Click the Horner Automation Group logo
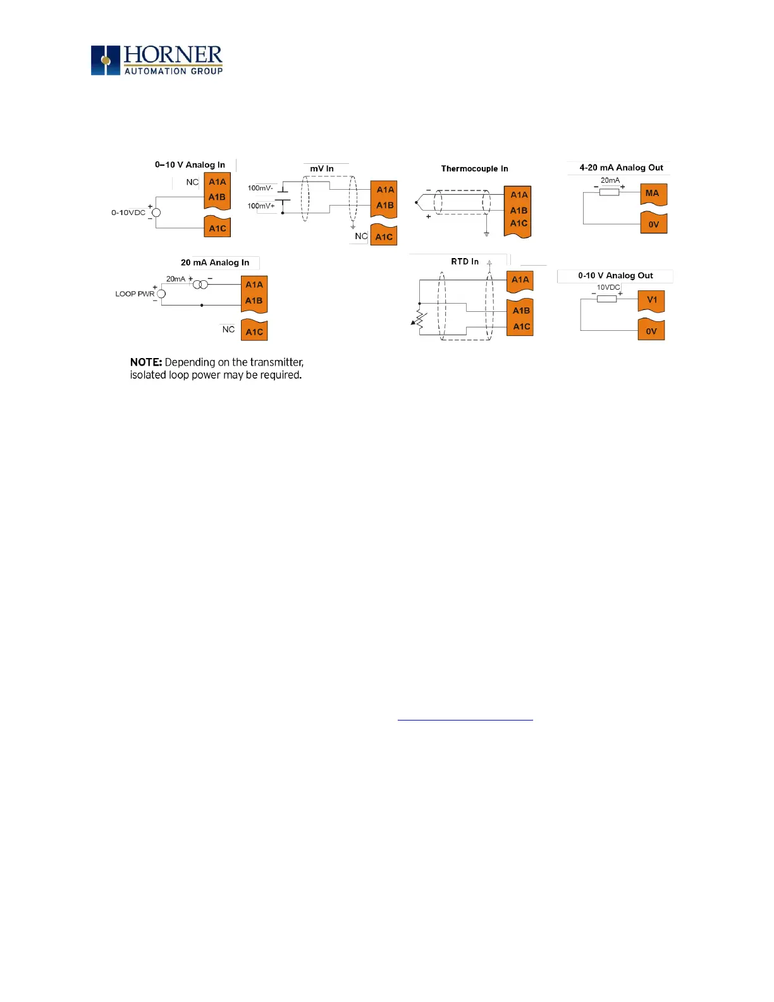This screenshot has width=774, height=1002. pyautogui.click(x=157, y=60)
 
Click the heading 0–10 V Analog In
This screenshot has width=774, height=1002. pyautogui.click(x=190, y=164)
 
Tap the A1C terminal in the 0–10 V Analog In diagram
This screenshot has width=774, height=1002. pyautogui.click(x=218, y=228)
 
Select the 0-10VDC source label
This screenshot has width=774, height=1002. pyautogui.click(x=128, y=213)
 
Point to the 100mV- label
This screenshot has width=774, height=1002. pyautogui.click(x=260, y=188)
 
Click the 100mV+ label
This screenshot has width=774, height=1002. pyautogui.click(x=261, y=206)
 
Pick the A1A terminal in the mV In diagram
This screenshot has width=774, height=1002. pyautogui.click(x=385, y=189)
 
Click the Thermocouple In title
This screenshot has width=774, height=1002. pyautogui.click(x=474, y=168)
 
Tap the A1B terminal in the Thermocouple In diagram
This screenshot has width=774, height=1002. pyautogui.click(x=519, y=210)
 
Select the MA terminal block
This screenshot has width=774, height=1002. pyautogui.click(x=653, y=194)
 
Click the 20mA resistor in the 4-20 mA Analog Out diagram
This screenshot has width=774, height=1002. pyautogui.click(x=609, y=192)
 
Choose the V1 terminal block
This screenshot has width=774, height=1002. pyautogui.click(x=652, y=300)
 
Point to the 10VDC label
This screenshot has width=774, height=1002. pyautogui.click(x=608, y=287)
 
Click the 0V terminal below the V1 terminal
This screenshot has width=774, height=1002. pyautogui.click(x=651, y=331)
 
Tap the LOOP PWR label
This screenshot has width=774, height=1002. pyautogui.click(x=135, y=294)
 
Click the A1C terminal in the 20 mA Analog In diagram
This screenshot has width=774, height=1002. pyautogui.click(x=254, y=331)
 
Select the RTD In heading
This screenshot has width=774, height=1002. pyautogui.click(x=465, y=261)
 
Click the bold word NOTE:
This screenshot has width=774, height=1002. pyautogui.click(x=146, y=362)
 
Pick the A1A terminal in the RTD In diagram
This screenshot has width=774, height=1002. pyautogui.click(x=520, y=280)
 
